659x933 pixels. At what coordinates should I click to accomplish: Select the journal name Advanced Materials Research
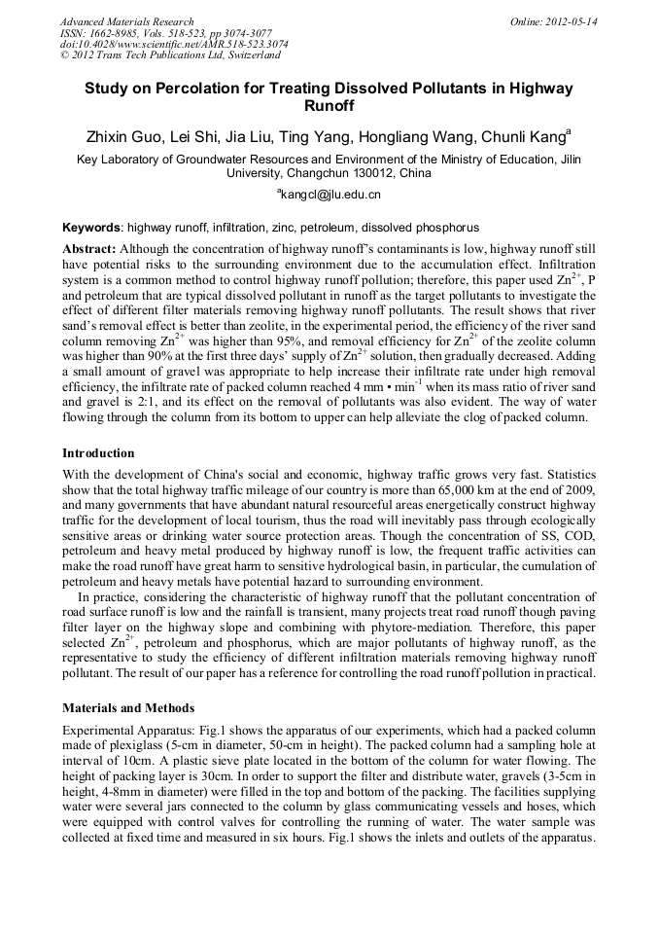[126, 21]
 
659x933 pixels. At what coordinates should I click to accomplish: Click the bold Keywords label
[91, 228]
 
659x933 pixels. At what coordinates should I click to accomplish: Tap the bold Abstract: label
[89, 249]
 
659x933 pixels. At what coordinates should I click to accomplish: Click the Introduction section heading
[98, 452]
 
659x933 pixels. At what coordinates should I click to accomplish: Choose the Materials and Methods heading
[127, 707]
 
